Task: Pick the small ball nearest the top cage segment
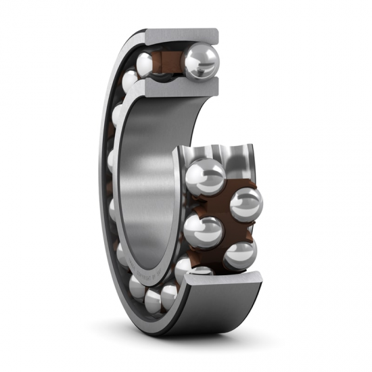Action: point(145,64)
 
